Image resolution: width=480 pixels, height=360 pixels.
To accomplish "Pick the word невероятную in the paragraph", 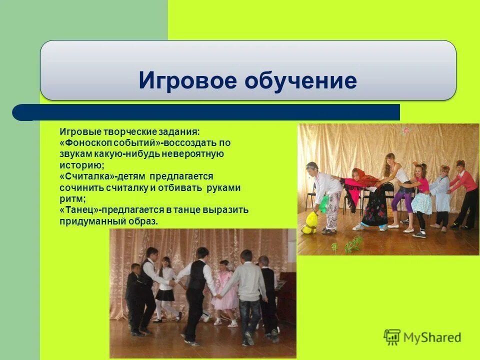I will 195,154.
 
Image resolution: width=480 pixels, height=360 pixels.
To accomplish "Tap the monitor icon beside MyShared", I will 391,337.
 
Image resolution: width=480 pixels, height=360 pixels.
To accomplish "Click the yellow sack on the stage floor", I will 309,223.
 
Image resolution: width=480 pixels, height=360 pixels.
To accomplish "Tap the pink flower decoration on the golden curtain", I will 405,130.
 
